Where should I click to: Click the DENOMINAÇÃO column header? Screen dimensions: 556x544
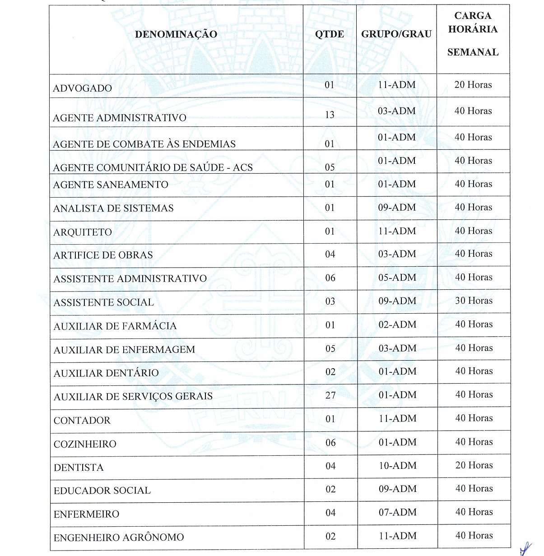pyautogui.click(x=176, y=34)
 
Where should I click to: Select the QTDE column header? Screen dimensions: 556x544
pyautogui.click(x=330, y=34)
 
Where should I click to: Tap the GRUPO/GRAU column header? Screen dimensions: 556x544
pyautogui.click(x=396, y=34)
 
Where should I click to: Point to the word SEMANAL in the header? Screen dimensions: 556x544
pyautogui.click(x=473, y=52)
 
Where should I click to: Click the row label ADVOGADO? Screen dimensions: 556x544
pyautogui.click(x=83, y=88)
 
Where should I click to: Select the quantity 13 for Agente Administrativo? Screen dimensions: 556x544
pyautogui.click(x=330, y=115)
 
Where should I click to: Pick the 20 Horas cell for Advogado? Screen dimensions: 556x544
pyautogui.click(x=473, y=85)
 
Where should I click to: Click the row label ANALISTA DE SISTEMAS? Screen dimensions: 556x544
pyautogui.click(x=113, y=208)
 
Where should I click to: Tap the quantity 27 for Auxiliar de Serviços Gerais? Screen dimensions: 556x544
pyautogui.click(x=330, y=395)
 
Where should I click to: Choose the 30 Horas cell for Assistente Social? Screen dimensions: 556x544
pyautogui.click(x=474, y=301)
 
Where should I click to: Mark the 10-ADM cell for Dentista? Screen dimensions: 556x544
pyautogui.click(x=397, y=466)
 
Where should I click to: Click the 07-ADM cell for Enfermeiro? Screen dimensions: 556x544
pyautogui.click(x=397, y=513)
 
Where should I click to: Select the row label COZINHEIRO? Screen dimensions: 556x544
pyautogui.click(x=85, y=444)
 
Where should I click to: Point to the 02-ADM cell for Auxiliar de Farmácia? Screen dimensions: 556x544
pyautogui.click(x=397, y=324)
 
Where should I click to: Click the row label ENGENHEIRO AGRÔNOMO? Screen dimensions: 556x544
pyautogui.click(x=119, y=537)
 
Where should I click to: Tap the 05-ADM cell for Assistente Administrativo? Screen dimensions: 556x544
pyautogui.click(x=397, y=278)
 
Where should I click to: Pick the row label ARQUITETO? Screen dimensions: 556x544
pyautogui.click(x=83, y=232)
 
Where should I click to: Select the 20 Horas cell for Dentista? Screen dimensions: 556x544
pyautogui.click(x=474, y=465)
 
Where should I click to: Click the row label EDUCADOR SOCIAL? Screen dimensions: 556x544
pyautogui.click(x=102, y=491)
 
